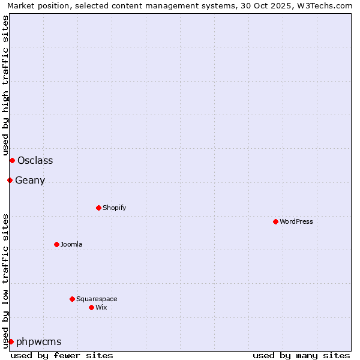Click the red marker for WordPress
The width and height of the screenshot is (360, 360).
(x=275, y=221)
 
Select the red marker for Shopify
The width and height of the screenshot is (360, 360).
(x=98, y=208)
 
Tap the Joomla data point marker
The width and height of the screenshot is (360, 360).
(x=56, y=244)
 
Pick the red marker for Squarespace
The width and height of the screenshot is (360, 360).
(x=72, y=299)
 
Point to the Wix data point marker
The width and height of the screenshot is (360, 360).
(x=91, y=307)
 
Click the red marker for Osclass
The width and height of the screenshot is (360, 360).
(x=12, y=160)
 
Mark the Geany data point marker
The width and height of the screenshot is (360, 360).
(x=10, y=180)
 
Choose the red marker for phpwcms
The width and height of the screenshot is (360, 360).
(x=11, y=341)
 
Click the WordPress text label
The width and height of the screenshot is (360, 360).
(x=296, y=221)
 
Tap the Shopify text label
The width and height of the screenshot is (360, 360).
(x=115, y=208)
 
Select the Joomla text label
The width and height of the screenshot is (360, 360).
(x=71, y=244)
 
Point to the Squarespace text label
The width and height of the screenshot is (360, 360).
(x=97, y=299)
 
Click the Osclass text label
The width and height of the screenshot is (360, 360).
(x=35, y=160)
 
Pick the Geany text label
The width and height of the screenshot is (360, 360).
(x=30, y=180)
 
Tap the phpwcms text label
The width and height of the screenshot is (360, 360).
(x=39, y=341)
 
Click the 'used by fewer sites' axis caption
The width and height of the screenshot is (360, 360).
(x=62, y=355)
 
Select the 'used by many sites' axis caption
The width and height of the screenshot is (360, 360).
(x=301, y=355)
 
